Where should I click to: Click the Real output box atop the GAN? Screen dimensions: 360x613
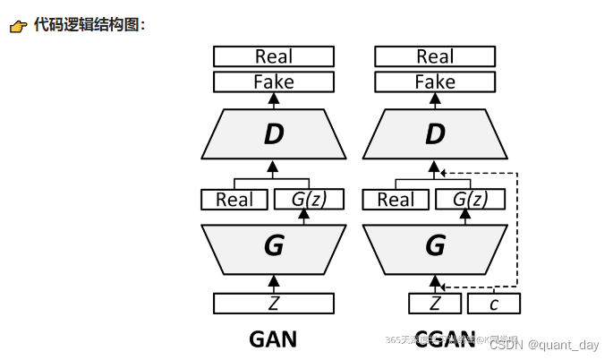pos(273,56)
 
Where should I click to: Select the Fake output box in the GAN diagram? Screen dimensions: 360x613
pos(273,82)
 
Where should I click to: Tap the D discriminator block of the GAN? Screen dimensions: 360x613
pos(273,134)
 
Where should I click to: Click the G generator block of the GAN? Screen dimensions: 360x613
pos(273,244)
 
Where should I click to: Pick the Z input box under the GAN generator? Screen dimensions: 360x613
pos(273,304)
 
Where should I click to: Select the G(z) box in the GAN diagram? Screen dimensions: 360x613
pos(308,200)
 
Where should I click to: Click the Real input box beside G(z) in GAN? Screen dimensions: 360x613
pos(234,200)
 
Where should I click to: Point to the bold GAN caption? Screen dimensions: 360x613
pos(272,339)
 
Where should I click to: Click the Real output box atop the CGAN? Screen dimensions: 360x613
pos(434,56)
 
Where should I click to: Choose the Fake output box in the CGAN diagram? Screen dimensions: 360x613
pos(434,82)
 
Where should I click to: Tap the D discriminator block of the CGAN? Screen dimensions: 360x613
pos(434,134)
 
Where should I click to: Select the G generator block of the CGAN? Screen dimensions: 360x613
pos(434,244)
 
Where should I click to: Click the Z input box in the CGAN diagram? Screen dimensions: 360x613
pos(435,304)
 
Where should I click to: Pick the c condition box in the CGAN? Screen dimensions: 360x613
pos(493,304)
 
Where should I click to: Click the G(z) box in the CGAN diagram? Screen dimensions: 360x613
pos(469,200)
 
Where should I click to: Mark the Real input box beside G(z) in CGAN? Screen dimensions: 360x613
pos(395,200)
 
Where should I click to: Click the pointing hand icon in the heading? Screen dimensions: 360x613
pos(18,26)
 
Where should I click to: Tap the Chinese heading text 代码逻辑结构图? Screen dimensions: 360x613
pos(87,25)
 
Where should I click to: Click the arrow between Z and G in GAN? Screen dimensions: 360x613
pos(273,284)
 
